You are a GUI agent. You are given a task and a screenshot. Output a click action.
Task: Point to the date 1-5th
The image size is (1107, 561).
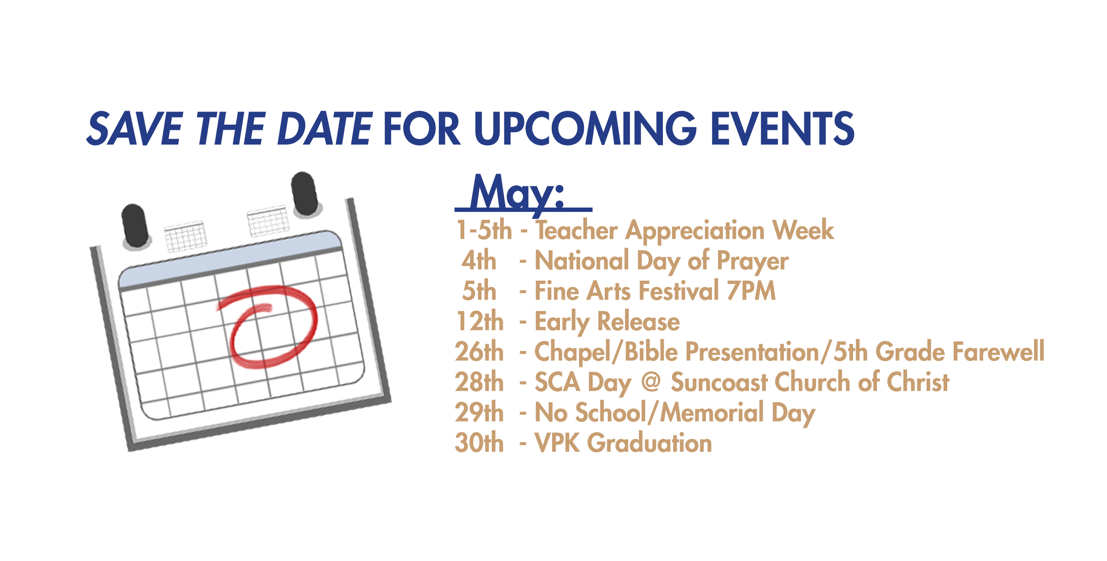coord(484,230)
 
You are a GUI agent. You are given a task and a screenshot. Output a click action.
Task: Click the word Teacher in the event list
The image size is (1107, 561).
coord(577,230)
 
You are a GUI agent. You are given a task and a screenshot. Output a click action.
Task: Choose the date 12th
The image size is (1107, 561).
coord(480,321)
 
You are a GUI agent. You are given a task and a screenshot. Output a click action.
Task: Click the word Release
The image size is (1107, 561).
coord(639,321)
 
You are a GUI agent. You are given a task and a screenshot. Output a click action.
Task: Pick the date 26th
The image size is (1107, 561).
coord(479,352)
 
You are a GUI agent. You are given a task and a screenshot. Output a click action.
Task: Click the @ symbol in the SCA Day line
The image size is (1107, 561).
coord(651,382)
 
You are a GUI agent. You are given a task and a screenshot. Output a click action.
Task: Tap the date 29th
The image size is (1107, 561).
coord(479,412)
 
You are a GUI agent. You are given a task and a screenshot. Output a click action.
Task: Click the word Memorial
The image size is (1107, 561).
coord(712,412)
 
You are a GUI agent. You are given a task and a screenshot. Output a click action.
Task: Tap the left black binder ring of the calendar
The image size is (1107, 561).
coord(136,226)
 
